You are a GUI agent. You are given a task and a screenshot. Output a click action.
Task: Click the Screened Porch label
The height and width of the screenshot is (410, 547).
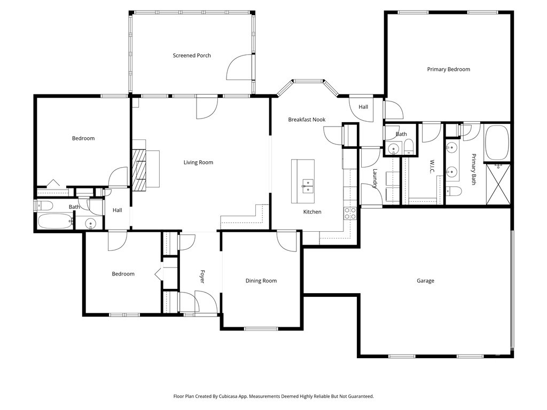point(192,56)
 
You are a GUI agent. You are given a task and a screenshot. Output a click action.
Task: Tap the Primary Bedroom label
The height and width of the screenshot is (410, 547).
point(449,69)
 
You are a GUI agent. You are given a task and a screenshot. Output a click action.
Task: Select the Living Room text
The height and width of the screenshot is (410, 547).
point(198,162)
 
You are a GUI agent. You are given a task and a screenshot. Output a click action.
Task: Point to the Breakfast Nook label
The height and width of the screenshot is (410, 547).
point(307,120)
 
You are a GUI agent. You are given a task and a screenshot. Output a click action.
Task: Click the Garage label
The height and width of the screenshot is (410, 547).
point(425,281)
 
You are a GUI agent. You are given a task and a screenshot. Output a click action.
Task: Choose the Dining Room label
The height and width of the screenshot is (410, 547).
point(261,281)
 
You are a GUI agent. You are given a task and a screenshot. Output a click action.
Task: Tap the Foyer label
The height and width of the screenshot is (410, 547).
point(202,277)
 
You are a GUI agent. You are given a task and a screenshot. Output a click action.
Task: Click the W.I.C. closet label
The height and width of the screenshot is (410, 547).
point(432,167)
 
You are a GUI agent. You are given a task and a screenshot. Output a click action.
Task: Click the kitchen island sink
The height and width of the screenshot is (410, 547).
point(307,186)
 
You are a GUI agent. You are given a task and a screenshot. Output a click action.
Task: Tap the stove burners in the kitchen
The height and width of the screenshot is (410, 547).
point(350,214)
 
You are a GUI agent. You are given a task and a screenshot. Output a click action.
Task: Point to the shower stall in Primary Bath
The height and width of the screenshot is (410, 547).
point(498,184)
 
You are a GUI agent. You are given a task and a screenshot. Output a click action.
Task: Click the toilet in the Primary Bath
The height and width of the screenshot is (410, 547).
point(454,191)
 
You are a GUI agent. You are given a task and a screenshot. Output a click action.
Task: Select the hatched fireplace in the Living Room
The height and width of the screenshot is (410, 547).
point(139,170)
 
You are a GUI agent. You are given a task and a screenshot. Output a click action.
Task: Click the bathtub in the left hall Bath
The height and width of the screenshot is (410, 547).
point(55,221)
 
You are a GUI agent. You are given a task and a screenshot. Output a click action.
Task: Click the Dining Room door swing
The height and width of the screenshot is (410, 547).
point(287,241)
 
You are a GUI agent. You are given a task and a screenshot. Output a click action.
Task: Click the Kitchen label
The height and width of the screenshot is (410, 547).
point(312,212)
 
